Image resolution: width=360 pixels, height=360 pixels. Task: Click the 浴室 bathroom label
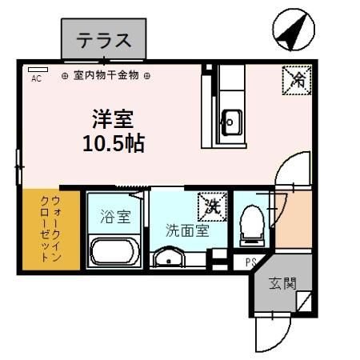pos(114,215)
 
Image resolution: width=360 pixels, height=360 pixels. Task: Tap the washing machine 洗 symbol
pos(212,205)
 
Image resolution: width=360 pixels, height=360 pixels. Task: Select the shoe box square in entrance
pos(305,302)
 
